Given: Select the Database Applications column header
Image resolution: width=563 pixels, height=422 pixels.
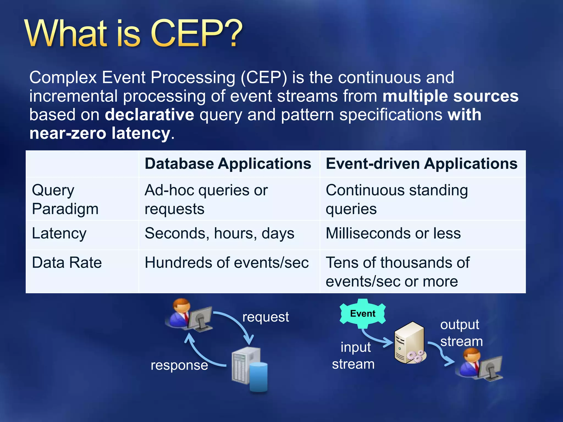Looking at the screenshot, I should [x=228, y=164].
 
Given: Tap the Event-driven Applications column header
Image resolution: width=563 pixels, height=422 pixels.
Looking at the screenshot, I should [x=421, y=164].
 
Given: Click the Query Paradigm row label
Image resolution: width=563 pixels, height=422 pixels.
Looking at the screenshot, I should [x=65, y=199].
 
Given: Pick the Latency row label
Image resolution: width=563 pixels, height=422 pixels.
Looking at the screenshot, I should [x=59, y=234].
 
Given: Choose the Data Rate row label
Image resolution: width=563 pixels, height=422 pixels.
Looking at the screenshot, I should [x=67, y=263].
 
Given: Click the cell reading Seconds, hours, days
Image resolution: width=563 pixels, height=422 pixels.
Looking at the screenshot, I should [x=219, y=234].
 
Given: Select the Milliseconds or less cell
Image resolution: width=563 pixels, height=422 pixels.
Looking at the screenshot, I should [x=393, y=234].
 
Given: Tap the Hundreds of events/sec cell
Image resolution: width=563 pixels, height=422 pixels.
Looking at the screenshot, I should [x=227, y=263].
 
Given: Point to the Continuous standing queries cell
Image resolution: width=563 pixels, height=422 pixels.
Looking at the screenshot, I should [x=396, y=199].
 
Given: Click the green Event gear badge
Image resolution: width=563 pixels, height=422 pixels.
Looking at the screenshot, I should [x=363, y=313].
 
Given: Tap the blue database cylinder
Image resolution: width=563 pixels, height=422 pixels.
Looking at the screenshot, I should [x=258, y=377].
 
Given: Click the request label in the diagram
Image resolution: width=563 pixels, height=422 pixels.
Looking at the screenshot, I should [x=266, y=317].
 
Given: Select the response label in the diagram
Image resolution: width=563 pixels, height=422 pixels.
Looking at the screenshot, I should [x=179, y=365].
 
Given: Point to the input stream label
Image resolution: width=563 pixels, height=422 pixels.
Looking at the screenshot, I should [x=354, y=356].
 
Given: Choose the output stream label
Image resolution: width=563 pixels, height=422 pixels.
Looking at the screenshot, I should [x=461, y=333].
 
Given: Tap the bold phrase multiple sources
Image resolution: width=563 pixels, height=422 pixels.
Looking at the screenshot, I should [x=450, y=96].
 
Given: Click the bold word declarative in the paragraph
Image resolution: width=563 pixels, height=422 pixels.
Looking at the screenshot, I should [x=150, y=115].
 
